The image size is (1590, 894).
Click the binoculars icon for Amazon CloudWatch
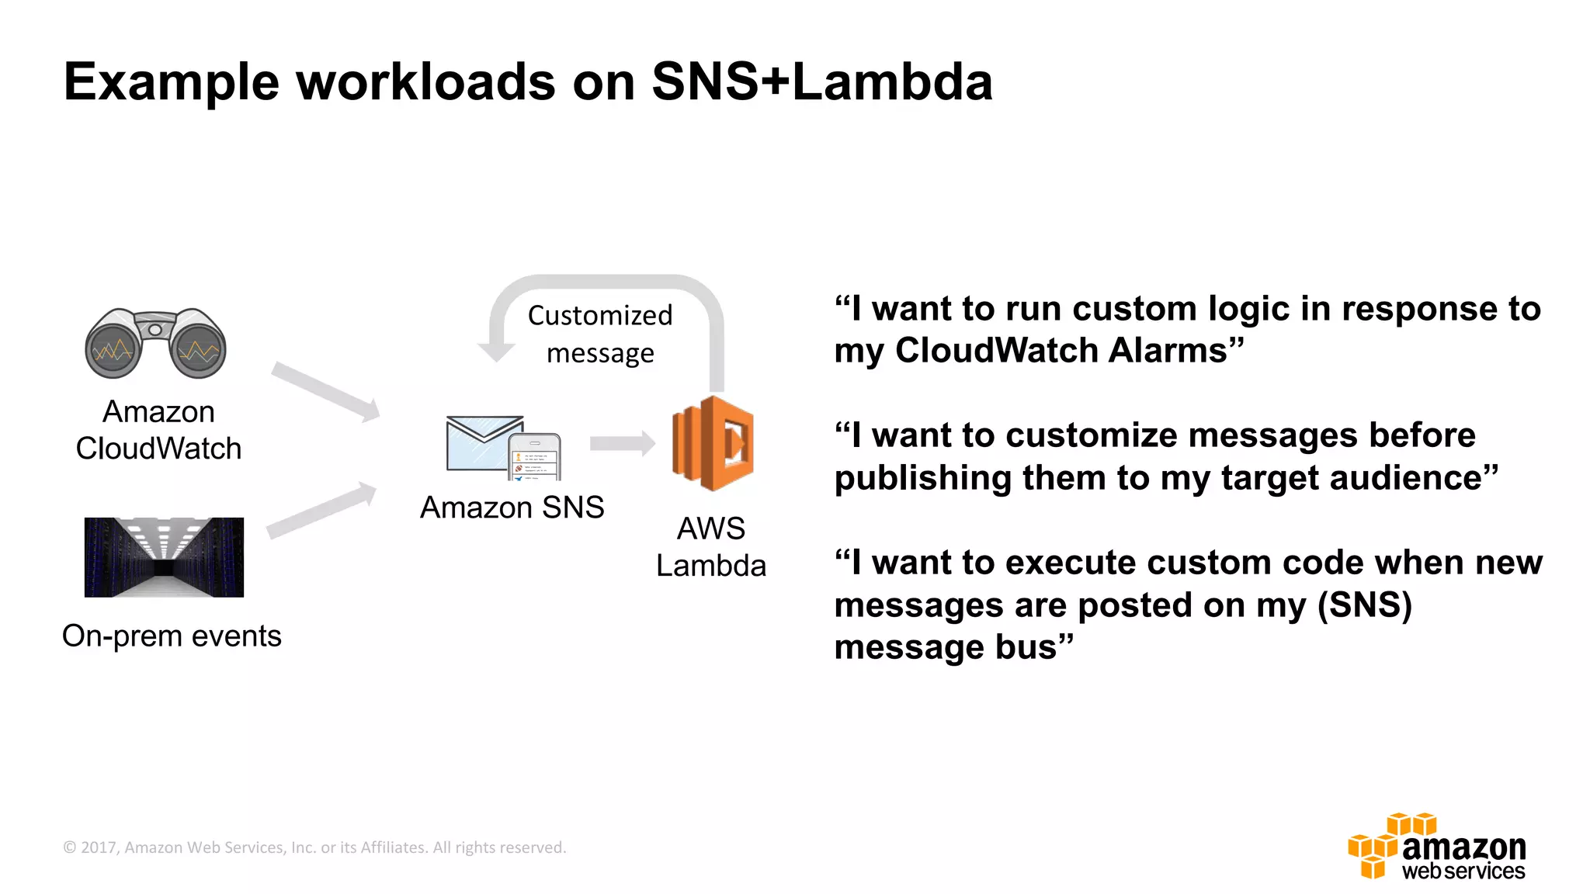(x=155, y=343)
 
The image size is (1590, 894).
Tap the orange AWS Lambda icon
(x=713, y=443)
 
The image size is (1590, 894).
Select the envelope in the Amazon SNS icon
(x=483, y=442)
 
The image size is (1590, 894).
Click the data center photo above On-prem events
(x=164, y=557)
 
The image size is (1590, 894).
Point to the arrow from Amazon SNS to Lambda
(x=622, y=443)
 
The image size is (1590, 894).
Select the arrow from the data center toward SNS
(x=321, y=510)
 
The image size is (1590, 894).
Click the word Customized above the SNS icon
(x=600, y=316)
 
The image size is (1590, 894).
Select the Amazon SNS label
(x=512, y=508)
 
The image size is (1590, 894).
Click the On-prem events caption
(x=172, y=636)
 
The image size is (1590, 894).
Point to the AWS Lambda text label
(x=711, y=547)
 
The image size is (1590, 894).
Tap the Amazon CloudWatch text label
(x=158, y=430)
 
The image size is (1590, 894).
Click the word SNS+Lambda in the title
(x=821, y=81)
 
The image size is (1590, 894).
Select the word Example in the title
(x=171, y=82)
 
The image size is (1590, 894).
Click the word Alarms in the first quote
(x=1168, y=351)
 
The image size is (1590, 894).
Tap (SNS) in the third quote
(x=1364, y=605)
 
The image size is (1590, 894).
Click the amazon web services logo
(x=1437, y=847)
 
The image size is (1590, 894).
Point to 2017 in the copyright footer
(x=98, y=847)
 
